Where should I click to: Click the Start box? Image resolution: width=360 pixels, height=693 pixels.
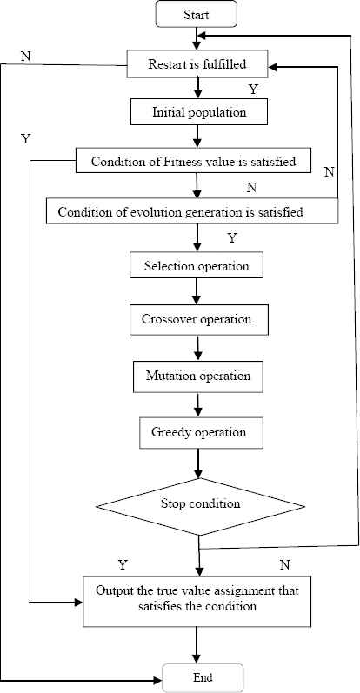[x=197, y=14]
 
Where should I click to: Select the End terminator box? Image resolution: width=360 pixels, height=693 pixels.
[x=203, y=677]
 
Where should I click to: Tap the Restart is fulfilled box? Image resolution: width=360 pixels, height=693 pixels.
[x=197, y=64]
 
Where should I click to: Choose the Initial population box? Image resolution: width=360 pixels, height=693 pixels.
[x=199, y=112]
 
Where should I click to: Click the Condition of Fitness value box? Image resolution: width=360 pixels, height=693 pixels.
[x=194, y=161]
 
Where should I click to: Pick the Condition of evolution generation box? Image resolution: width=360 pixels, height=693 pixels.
[x=192, y=210]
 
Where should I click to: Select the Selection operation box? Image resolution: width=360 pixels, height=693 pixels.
[x=197, y=266]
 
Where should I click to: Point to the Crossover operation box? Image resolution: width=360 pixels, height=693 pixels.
[x=198, y=319]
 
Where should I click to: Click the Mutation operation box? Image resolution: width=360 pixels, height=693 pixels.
[x=198, y=376]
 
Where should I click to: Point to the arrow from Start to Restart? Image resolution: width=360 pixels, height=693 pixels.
[x=197, y=39]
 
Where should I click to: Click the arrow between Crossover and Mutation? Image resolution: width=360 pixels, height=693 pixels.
[x=198, y=348]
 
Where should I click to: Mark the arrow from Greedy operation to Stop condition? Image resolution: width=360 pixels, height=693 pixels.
[x=198, y=463]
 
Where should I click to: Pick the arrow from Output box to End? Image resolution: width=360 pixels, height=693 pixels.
[x=198, y=645]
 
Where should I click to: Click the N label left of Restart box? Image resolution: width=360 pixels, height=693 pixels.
[x=25, y=56]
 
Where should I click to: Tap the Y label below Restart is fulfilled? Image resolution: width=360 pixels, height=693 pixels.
[x=252, y=90]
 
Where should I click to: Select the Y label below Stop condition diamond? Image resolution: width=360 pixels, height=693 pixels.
[x=123, y=564]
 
